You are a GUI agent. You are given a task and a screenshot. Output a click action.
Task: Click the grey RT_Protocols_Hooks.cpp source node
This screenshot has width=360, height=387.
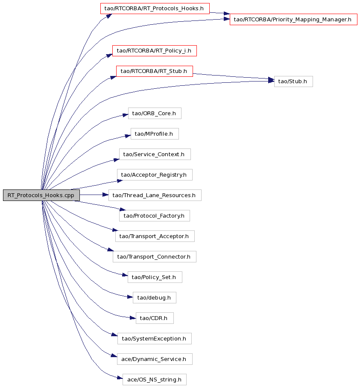(41, 195)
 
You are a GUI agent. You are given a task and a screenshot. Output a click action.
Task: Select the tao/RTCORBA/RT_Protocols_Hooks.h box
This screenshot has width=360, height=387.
(155, 9)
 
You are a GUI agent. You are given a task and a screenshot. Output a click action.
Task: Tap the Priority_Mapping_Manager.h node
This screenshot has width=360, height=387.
(293, 20)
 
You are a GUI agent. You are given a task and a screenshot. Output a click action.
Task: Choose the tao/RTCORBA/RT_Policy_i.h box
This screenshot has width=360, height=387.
(155, 51)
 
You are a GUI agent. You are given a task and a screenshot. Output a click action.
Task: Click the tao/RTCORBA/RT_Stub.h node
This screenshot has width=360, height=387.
(155, 71)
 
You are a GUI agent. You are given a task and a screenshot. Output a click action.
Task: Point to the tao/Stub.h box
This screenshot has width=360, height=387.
(293, 81)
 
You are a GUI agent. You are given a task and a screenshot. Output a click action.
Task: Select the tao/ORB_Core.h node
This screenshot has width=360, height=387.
(155, 113)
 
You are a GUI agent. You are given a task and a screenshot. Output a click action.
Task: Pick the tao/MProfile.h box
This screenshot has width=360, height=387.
(155, 134)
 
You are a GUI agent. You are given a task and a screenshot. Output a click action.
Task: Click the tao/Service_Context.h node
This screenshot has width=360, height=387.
(155, 154)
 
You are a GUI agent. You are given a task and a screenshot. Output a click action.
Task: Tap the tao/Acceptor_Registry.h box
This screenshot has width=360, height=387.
(155, 175)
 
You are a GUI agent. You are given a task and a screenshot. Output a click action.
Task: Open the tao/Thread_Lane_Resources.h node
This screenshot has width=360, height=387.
(155, 195)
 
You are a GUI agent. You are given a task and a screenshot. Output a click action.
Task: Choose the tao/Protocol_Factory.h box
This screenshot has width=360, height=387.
(155, 216)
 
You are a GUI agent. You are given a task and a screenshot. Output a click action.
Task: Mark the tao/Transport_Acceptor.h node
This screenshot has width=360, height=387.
(155, 236)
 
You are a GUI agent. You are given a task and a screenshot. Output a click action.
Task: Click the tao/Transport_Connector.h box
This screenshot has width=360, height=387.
(155, 257)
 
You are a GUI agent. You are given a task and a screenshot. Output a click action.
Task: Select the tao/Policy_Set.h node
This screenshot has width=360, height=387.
(155, 277)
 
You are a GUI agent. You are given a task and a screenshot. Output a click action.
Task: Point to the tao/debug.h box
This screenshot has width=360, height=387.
(155, 298)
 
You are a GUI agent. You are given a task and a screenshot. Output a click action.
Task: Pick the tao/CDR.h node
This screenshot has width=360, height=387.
(155, 318)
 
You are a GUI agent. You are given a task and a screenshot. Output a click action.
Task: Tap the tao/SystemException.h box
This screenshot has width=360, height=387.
(155, 339)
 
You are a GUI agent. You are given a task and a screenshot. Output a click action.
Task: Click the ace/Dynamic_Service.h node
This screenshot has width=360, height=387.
(155, 359)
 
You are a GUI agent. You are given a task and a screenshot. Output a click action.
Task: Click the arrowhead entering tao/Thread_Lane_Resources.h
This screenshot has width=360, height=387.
(105, 195)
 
